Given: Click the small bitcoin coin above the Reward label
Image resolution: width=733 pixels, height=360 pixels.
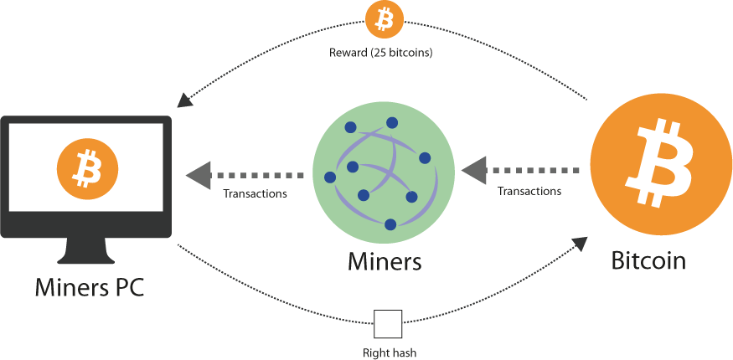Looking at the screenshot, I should (x=385, y=20).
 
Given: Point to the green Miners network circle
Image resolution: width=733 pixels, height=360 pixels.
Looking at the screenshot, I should (x=383, y=172).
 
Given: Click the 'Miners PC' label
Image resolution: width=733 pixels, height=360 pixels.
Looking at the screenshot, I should (x=89, y=288).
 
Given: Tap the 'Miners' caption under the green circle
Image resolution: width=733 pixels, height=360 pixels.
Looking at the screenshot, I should (x=384, y=261).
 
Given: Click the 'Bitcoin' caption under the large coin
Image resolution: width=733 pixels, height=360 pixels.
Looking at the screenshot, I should (x=649, y=260).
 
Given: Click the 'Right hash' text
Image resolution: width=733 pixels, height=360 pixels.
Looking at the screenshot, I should (x=389, y=352).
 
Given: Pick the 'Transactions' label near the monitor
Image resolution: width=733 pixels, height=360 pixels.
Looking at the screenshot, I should (x=255, y=193).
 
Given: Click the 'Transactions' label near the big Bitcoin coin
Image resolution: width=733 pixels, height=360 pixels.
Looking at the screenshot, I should (x=529, y=191).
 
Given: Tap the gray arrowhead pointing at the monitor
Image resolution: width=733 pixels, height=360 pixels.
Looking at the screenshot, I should (x=197, y=175).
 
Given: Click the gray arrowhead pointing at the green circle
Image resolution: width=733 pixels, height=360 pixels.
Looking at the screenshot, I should (x=473, y=170).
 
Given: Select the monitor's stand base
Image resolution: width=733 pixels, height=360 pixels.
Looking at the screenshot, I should (x=87, y=255).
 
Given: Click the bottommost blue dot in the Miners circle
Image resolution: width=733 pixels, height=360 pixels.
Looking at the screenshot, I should (x=390, y=224).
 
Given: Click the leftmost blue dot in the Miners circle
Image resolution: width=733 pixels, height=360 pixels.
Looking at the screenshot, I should (x=330, y=178).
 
